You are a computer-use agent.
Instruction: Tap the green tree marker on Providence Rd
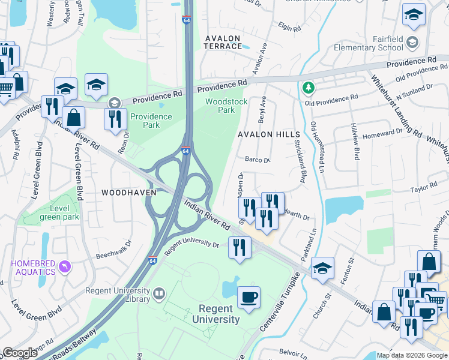[309, 88]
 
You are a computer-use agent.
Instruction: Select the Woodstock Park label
[226, 106]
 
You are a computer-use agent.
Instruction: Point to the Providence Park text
[151, 121]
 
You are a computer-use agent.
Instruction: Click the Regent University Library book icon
[159, 293]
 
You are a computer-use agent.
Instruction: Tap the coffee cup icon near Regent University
[249, 296]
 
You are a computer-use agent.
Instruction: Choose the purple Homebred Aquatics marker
[67, 265]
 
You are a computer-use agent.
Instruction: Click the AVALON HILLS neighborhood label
[268, 134]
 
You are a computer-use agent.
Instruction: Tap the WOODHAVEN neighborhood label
[128, 193]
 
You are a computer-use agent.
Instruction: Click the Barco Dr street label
[258, 160]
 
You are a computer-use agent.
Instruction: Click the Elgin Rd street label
[289, 27]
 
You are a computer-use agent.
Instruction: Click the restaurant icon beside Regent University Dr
[240, 247]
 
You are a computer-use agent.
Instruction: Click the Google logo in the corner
[20, 353]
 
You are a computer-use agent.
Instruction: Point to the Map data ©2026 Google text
[412, 355]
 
